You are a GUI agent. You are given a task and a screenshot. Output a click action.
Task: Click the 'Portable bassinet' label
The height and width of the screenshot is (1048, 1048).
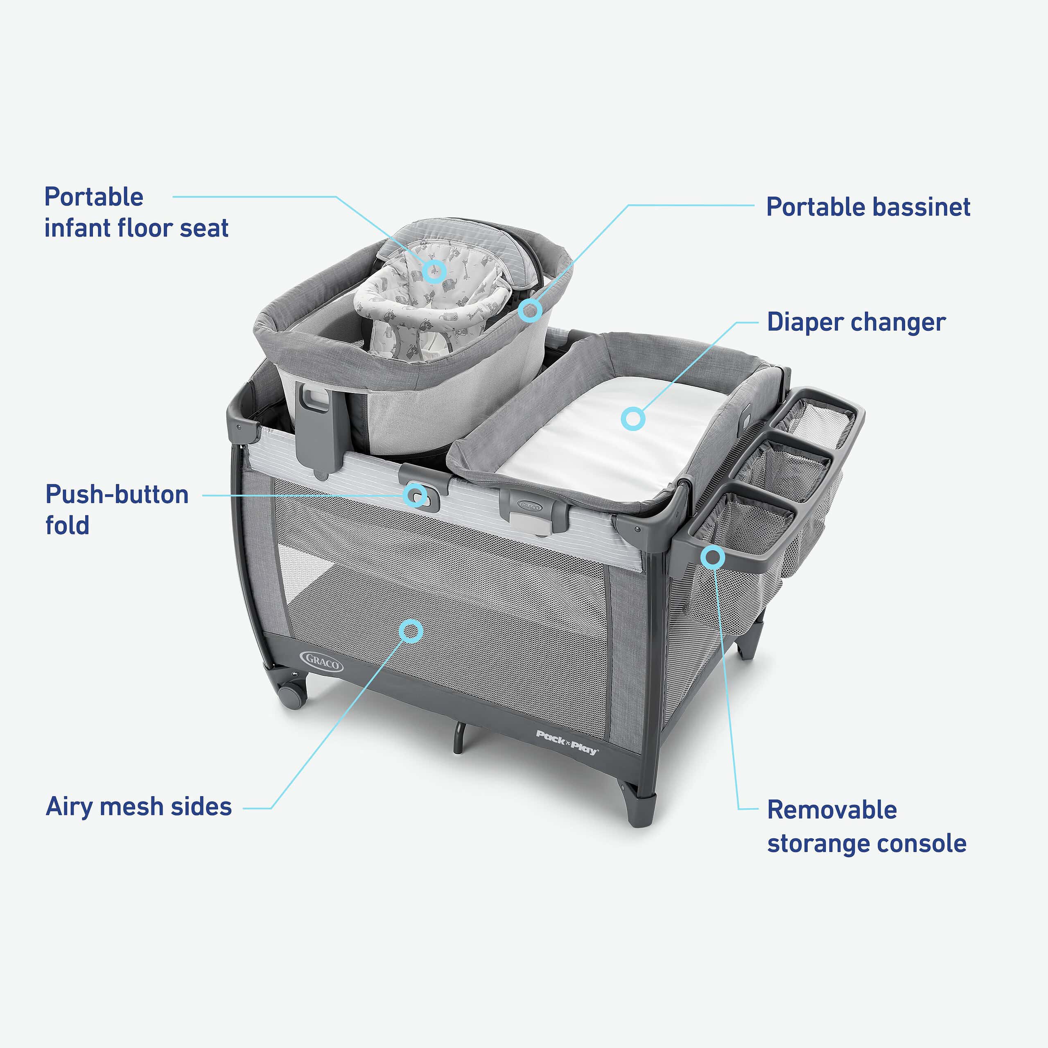click(868, 207)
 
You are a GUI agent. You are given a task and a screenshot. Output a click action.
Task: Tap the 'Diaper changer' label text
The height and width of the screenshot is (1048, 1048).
click(856, 322)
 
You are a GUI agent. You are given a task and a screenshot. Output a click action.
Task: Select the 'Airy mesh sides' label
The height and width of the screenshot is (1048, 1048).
click(139, 806)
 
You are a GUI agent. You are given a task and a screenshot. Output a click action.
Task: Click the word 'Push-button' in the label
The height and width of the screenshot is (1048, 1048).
click(117, 494)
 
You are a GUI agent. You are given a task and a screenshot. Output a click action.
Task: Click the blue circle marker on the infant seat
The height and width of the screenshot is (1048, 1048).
click(434, 271)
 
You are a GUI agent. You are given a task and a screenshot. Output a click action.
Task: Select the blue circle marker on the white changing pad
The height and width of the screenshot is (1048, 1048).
click(632, 419)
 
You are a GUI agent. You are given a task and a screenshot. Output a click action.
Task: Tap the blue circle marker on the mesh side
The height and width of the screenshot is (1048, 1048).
click(411, 631)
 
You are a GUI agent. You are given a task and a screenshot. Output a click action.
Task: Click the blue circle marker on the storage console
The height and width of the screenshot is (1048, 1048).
click(713, 557)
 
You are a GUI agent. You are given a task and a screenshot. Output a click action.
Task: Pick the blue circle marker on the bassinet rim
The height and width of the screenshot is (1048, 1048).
click(530, 310)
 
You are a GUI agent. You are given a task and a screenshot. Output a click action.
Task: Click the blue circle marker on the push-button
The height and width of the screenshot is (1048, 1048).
click(416, 495)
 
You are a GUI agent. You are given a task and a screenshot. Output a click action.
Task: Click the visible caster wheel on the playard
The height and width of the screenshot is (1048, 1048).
click(292, 696)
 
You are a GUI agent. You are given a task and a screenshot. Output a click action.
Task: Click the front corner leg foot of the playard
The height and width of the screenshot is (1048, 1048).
click(640, 809)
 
